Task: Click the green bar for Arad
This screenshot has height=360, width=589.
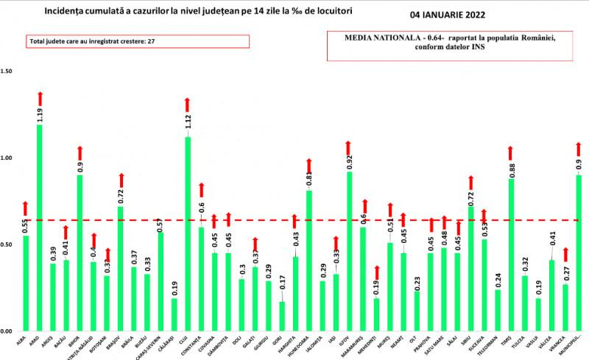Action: tap(40, 228)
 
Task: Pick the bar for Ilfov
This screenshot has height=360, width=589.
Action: tap(350, 251)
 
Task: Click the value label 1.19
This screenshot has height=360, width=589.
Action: tap(40, 114)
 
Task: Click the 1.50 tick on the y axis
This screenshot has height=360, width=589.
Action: tap(8, 71)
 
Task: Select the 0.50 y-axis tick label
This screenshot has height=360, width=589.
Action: tap(8, 244)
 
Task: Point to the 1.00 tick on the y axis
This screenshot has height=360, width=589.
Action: tap(8, 158)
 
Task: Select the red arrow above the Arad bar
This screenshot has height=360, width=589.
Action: tap(40, 98)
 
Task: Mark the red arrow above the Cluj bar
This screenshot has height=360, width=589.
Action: tap(188, 104)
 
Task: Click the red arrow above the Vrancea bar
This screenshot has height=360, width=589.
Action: tap(565, 254)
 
